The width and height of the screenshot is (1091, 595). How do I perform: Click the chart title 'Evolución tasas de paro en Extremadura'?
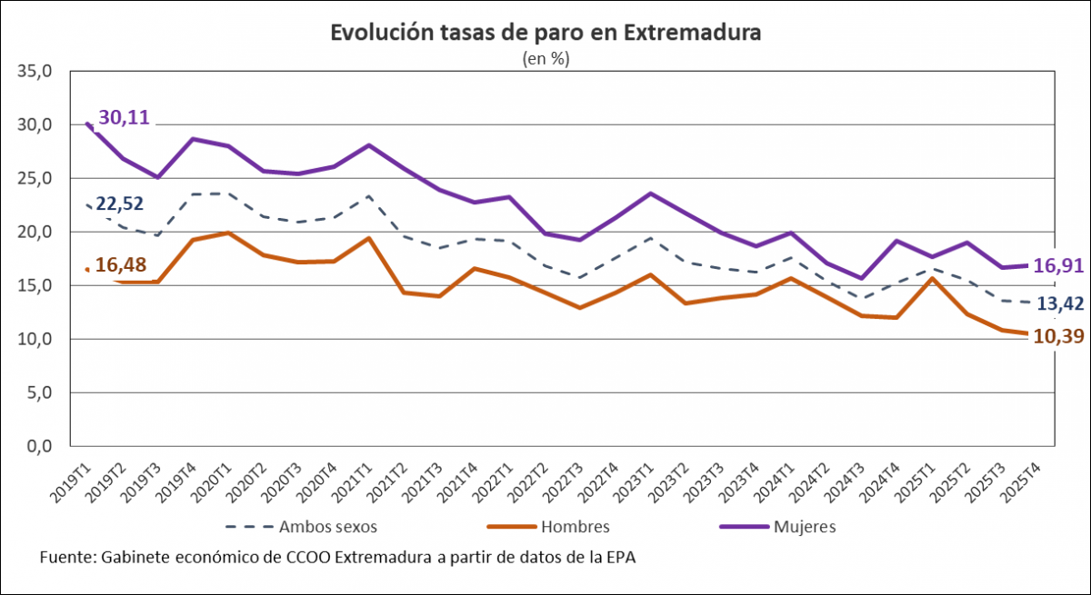[545, 34]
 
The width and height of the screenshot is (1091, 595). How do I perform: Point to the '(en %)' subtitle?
[545, 58]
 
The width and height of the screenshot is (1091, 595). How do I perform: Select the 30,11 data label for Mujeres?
[124, 116]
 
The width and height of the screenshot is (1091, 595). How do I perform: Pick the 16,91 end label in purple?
[1059, 266]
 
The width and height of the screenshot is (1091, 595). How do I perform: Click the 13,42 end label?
[1060, 302]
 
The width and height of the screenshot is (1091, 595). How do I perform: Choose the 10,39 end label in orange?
[1059, 337]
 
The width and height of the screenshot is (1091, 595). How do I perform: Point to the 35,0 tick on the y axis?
[36, 71]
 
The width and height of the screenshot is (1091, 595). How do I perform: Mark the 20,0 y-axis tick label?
[36, 232]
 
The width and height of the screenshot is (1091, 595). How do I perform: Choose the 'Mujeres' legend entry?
[805, 526]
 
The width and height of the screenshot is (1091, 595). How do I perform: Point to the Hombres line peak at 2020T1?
[226, 233]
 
